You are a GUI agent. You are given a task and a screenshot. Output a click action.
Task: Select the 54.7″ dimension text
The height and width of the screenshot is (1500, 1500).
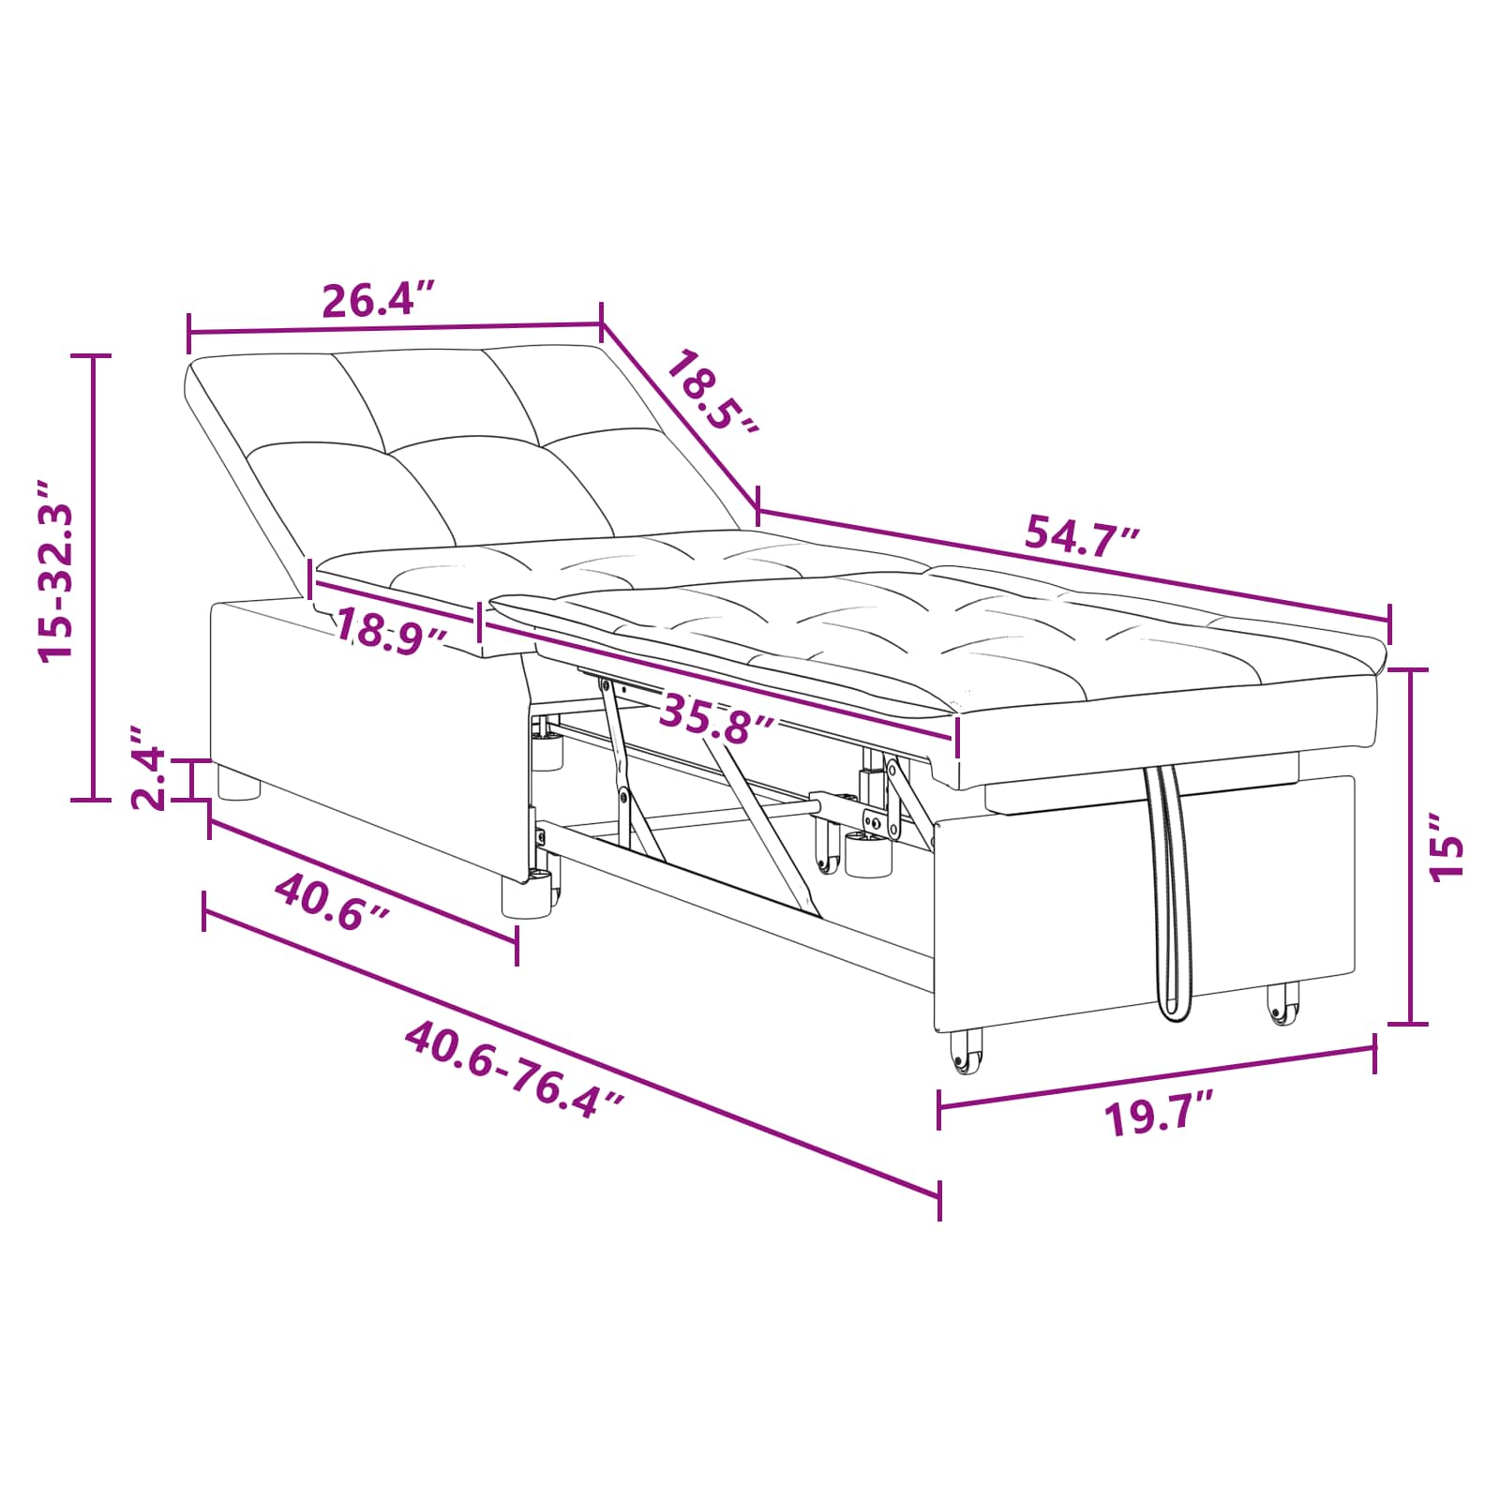(x=1083, y=536)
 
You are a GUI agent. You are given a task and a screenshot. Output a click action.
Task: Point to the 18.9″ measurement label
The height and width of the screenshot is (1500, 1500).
(x=390, y=631)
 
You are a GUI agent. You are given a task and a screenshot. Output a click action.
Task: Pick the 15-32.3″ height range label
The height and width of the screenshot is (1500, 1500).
(x=55, y=571)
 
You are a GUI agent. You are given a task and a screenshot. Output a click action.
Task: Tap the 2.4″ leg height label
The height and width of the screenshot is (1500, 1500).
(x=148, y=766)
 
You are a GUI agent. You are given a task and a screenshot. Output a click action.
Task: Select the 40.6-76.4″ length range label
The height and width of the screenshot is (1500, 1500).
(x=515, y=1069)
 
